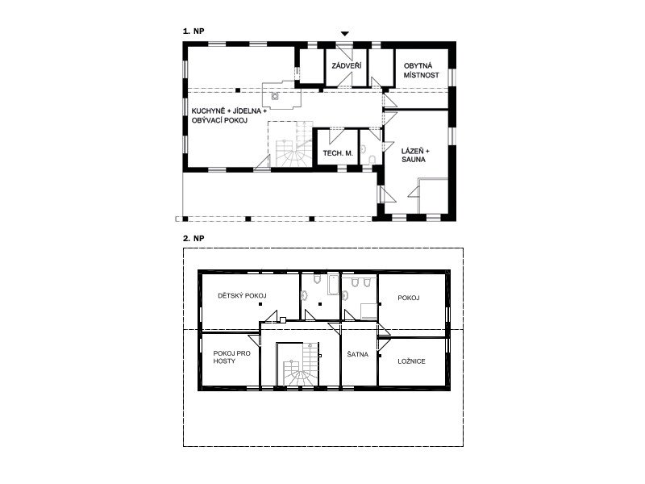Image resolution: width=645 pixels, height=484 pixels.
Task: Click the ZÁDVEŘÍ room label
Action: [x=347, y=66]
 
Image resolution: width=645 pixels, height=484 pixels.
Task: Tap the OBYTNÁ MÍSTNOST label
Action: [x=421, y=70]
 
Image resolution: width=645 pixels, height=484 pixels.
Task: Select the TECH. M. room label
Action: [x=338, y=153]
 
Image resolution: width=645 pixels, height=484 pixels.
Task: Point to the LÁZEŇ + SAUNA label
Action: [x=415, y=155]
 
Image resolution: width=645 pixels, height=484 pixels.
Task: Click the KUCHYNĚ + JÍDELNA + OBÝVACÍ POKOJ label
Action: [x=229, y=115]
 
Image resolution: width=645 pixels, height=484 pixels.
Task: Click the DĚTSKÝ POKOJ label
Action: [x=242, y=295]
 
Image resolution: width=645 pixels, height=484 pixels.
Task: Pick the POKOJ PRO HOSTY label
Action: [x=231, y=357]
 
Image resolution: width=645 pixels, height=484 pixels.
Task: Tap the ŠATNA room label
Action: [x=357, y=354]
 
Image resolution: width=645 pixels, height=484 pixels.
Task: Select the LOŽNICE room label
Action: [x=411, y=361]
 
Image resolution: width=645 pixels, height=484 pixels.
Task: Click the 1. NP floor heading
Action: [x=193, y=31]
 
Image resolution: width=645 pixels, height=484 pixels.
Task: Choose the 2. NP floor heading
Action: [x=193, y=238]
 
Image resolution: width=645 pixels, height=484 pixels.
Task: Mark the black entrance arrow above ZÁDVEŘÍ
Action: [x=345, y=33]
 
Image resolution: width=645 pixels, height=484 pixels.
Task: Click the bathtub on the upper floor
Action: [x=333, y=285]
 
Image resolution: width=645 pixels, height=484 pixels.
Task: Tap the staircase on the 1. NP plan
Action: [x=291, y=144]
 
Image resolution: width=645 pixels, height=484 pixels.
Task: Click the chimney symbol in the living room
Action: [x=275, y=96]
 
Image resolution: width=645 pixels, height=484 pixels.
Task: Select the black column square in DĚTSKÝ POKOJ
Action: [x=260, y=304]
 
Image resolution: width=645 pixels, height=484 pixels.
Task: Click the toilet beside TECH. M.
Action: [x=372, y=160]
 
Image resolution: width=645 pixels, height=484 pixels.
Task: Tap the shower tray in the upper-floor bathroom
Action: [x=369, y=311]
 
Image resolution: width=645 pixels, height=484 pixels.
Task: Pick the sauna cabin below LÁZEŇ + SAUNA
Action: [x=433, y=195]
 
